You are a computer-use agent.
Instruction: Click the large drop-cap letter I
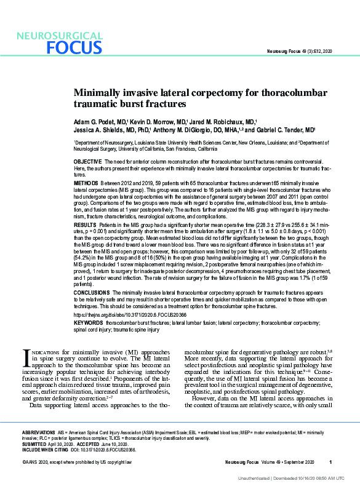tap(26, 359)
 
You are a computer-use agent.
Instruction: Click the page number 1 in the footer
tap(330, 462)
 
